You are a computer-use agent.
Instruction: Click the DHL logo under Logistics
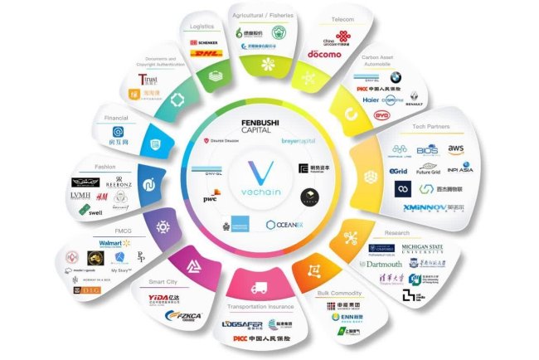[x=205, y=54]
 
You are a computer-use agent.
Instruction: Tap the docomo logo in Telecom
[x=324, y=54]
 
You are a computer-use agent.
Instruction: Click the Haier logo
[x=348, y=98]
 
